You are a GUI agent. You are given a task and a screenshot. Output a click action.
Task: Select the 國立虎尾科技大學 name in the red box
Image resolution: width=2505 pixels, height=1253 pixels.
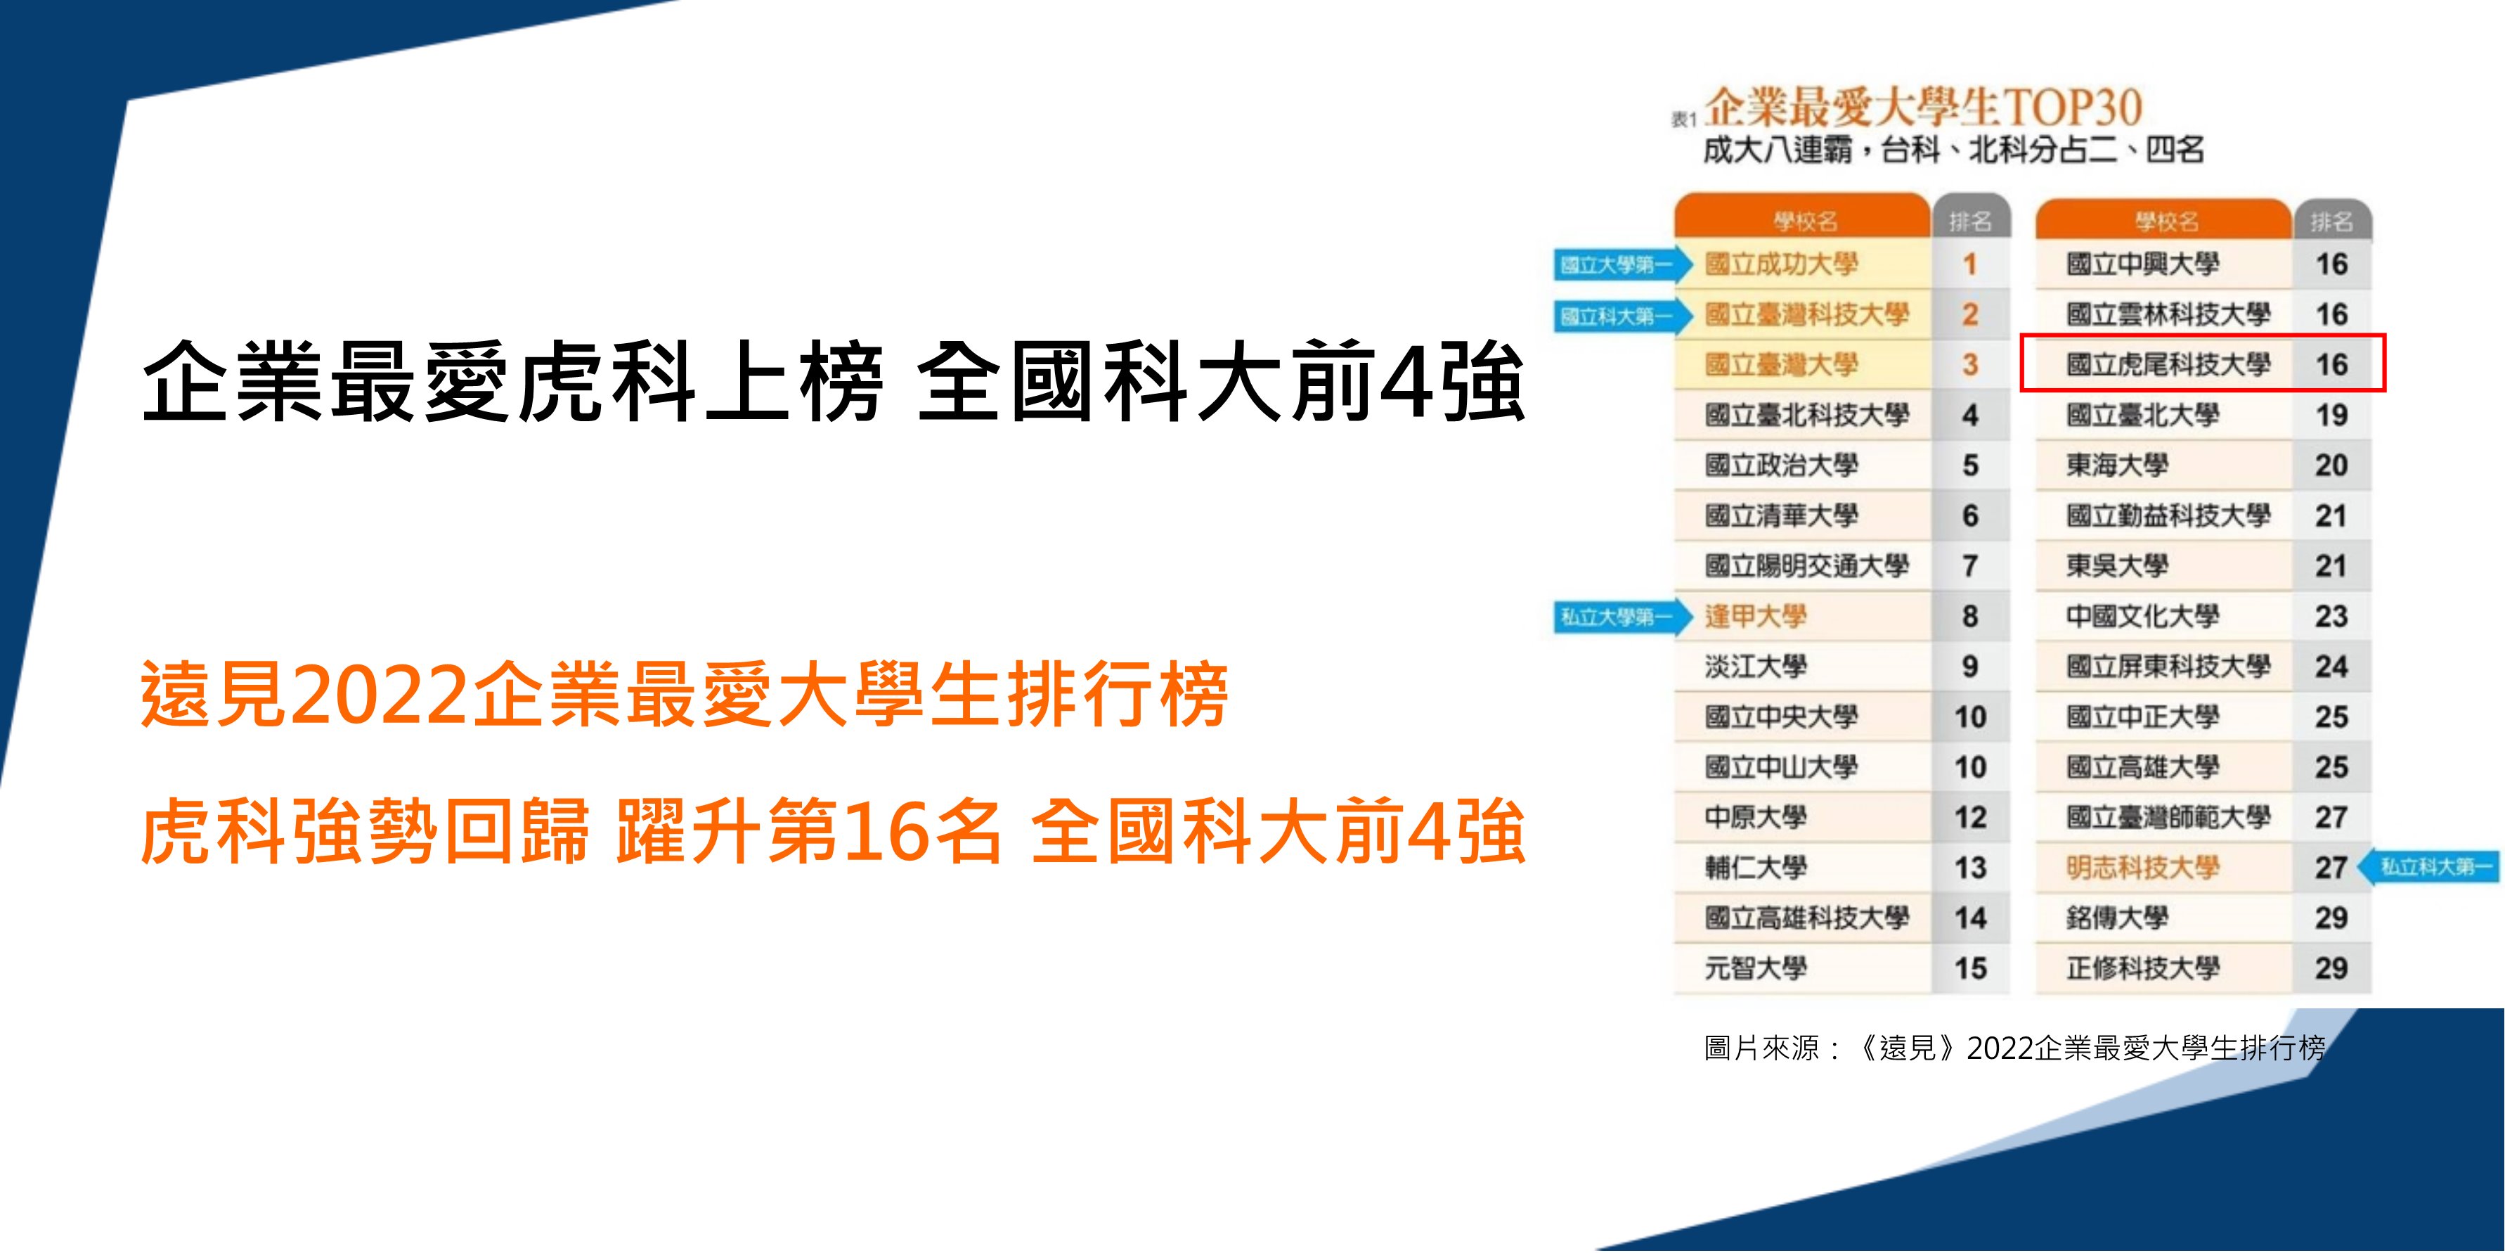(x=2168, y=365)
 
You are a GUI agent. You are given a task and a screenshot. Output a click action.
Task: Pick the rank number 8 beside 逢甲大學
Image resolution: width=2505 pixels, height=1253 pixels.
(x=1970, y=617)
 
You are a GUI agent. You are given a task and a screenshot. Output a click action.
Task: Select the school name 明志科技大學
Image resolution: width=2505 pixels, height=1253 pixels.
(x=2143, y=868)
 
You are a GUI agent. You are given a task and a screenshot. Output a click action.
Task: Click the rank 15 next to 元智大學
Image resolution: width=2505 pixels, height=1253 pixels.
(x=1970, y=969)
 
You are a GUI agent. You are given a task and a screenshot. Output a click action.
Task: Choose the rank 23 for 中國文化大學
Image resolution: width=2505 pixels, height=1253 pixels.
(x=2331, y=617)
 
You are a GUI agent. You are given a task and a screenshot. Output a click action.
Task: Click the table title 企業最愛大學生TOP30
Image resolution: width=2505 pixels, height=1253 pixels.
(x=1924, y=107)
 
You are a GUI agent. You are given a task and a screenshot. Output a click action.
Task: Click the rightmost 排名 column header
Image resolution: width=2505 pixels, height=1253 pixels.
(x=2331, y=221)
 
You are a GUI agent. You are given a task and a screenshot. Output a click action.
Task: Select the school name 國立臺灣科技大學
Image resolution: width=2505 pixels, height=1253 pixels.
(x=1807, y=315)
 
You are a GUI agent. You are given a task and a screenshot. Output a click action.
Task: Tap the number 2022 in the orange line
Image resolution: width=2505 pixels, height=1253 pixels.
(x=380, y=695)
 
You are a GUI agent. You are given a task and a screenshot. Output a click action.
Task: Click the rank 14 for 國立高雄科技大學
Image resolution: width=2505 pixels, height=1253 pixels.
(x=1970, y=918)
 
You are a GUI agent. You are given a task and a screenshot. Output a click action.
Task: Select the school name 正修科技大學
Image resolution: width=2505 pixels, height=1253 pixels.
(x=2143, y=969)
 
